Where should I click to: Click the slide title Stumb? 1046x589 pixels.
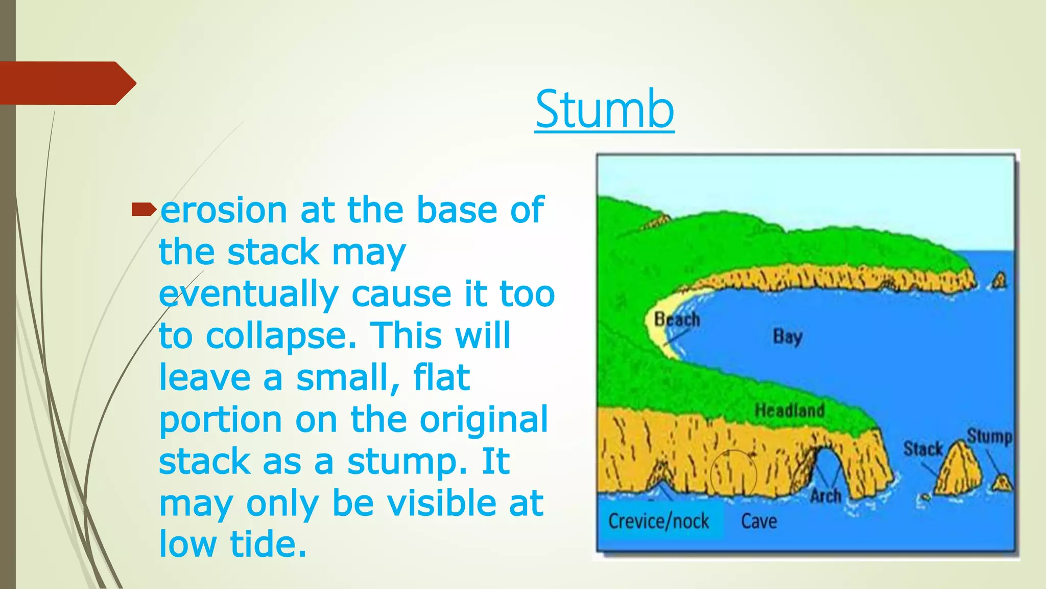pos(605,109)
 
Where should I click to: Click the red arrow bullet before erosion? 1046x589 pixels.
pos(144,210)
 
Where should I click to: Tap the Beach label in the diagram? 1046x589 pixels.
pos(677,320)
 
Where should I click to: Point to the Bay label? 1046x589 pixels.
pos(788,336)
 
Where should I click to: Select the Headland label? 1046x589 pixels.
pos(790,410)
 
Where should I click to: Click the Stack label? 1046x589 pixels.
pos(922,449)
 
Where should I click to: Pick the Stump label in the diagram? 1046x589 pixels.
pos(989,436)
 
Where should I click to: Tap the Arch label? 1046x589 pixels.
pos(825,495)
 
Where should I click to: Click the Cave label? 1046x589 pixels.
pos(759,522)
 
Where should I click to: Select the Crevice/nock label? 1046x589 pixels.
pos(658,522)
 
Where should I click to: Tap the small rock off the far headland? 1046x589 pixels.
pos(1000,280)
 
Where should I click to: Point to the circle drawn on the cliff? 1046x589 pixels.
pos(733,473)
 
